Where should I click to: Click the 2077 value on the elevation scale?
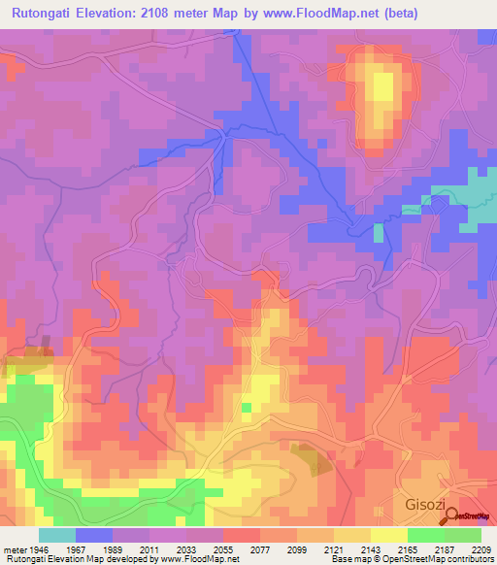coord(260,548)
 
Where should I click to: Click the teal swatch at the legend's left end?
coord(56,535)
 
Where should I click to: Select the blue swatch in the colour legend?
coord(93,535)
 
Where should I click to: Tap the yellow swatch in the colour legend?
coord(389,535)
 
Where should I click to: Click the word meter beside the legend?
coord(14,548)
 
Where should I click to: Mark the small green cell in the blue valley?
coord(379,232)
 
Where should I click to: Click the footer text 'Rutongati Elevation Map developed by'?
coord(83,560)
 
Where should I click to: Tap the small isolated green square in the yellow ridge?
coord(248,408)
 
